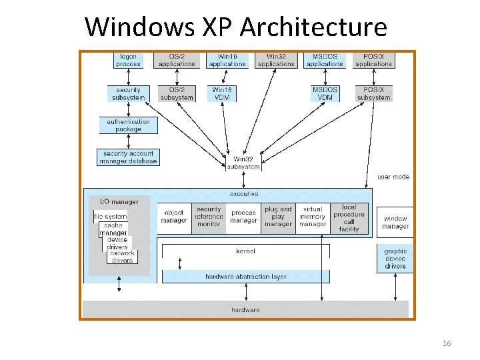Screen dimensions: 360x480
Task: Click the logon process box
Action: pyautogui.click(x=128, y=60)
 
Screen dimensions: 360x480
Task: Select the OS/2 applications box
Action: pyautogui.click(x=177, y=60)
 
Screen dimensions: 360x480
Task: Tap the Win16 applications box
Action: pyautogui.click(x=227, y=60)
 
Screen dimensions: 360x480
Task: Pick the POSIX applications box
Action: pyautogui.click(x=373, y=60)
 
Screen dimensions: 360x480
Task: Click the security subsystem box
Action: pyautogui.click(x=128, y=93)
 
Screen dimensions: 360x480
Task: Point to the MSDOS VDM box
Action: pyautogui.click(x=325, y=93)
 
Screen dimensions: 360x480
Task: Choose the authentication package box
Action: pyautogui.click(x=128, y=125)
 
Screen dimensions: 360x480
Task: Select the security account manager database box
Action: pyautogui.click(x=128, y=157)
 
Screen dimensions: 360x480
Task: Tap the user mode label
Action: pyautogui.click(x=393, y=177)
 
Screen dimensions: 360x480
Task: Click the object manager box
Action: pyautogui.click(x=174, y=217)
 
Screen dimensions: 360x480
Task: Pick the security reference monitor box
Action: pyautogui.click(x=209, y=217)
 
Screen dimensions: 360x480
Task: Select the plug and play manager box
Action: pyautogui.click(x=278, y=217)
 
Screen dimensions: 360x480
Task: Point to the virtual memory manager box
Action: pyautogui.click(x=313, y=217)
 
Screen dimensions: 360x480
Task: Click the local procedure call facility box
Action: pyautogui.click(x=349, y=218)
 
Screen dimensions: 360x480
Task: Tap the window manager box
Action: pyautogui.click(x=395, y=223)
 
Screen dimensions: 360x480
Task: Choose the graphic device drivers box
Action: pyautogui.click(x=395, y=259)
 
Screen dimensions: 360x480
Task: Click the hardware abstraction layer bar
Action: pyautogui.click(x=245, y=277)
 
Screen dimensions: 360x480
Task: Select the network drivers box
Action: pyautogui.click(x=122, y=257)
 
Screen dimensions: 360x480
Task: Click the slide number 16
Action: pyautogui.click(x=447, y=343)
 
